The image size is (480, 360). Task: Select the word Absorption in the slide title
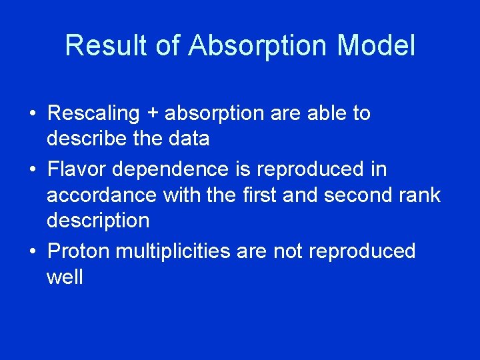coord(258,46)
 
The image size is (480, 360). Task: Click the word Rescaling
coord(93,113)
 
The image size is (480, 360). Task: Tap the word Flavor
coord(77,169)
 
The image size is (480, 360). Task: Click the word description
coord(98,221)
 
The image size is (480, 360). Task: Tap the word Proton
coord(79,251)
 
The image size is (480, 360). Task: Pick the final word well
coord(65,277)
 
